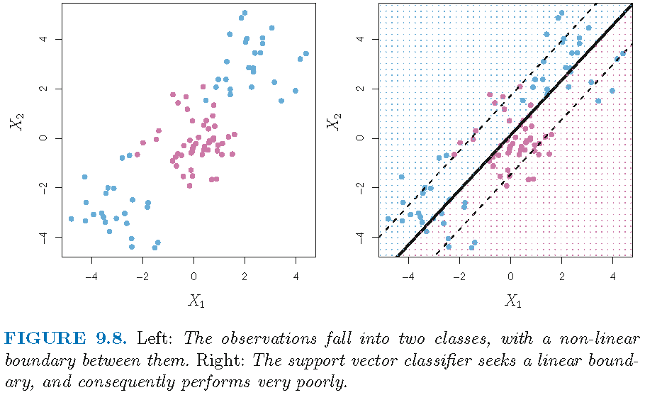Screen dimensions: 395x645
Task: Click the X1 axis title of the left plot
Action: pos(196,300)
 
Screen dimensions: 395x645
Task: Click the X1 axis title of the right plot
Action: pos(512,300)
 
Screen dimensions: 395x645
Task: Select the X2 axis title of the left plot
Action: pos(15,123)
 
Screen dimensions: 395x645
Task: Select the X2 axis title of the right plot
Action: pos(332,123)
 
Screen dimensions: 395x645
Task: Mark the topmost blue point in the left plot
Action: pos(245,13)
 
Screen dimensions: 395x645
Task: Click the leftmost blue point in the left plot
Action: pos(71,219)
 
